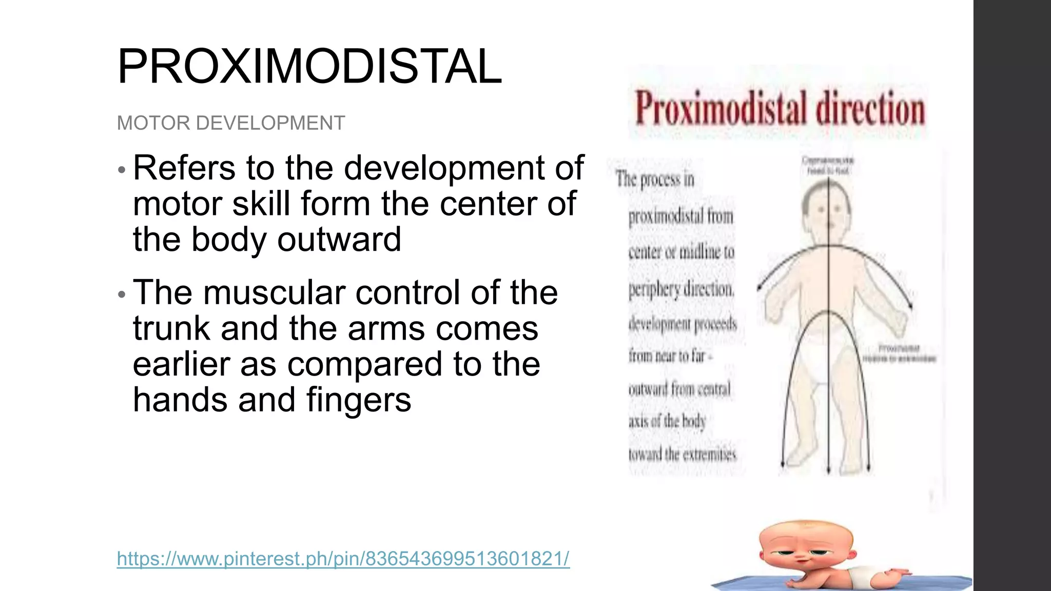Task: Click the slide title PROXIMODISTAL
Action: click(309, 67)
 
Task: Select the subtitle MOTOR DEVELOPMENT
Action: click(231, 123)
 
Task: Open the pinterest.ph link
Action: click(343, 558)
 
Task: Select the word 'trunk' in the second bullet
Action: click(171, 328)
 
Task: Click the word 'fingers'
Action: click(359, 400)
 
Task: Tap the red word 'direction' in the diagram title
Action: click(870, 109)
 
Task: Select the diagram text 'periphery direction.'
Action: click(682, 289)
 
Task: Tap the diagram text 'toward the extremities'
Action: click(682, 455)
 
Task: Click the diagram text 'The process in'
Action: click(655, 180)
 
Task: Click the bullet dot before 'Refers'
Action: click(122, 169)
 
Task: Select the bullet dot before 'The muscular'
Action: click(122, 294)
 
